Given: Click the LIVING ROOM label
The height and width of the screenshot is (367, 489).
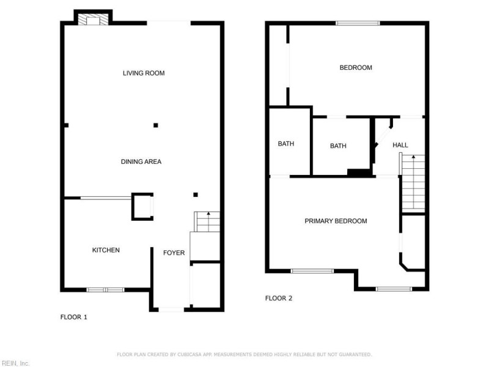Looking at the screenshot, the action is pyautogui.click(x=144, y=73).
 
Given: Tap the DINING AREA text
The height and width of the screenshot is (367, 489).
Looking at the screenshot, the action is pyautogui.click(x=141, y=161).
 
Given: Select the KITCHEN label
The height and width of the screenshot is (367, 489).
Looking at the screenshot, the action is pyautogui.click(x=106, y=250).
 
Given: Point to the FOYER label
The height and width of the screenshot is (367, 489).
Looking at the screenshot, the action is pyautogui.click(x=174, y=253).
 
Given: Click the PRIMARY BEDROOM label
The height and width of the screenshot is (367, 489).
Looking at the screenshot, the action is pyautogui.click(x=336, y=221).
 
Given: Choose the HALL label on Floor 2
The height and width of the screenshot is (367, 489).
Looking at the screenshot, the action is pyautogui.click(x=400, y=145).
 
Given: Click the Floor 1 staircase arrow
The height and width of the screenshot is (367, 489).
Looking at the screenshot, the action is pyautogui.click(x=208, y=221).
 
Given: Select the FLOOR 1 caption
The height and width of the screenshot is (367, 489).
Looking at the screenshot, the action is pyautogui.click(x=73, y=317).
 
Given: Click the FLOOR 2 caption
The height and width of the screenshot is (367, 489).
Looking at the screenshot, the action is pyautogui.click(x=279, y=298).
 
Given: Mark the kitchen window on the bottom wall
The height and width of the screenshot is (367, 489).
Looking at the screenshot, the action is pyautogui.click(x=105, y=290).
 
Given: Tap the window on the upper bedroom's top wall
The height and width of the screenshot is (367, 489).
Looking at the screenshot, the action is pyautogui.click(x=358, y=23).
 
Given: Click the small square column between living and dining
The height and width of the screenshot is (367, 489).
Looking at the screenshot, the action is pyautogui.click(x=156, y=125).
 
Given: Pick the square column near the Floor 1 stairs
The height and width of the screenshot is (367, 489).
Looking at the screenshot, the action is pyautogui.click(x=196, y=195).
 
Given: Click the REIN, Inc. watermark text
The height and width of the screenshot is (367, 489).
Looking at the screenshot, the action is pyautogui.click(x=15, y=363).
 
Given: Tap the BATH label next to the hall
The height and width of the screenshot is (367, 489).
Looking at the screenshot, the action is pyautogui.click(x=338, y=146).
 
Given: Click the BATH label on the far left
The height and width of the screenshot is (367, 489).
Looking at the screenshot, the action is pyautogui.click(x=286, y=144).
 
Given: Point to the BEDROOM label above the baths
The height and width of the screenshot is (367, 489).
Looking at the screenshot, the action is pyautogui.click(x=356, y=67).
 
